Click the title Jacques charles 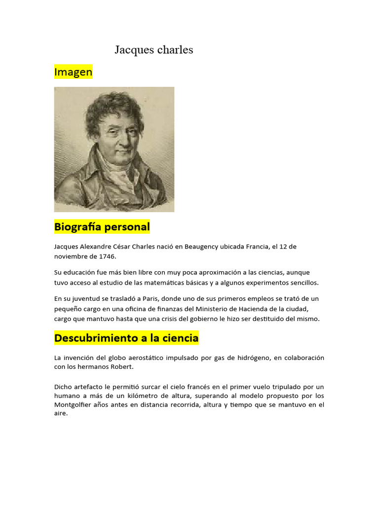[153, 50]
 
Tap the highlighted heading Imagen [73, 72]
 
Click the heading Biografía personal [102, 227]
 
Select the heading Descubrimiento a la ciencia [126, 338]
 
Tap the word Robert [124, 367]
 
